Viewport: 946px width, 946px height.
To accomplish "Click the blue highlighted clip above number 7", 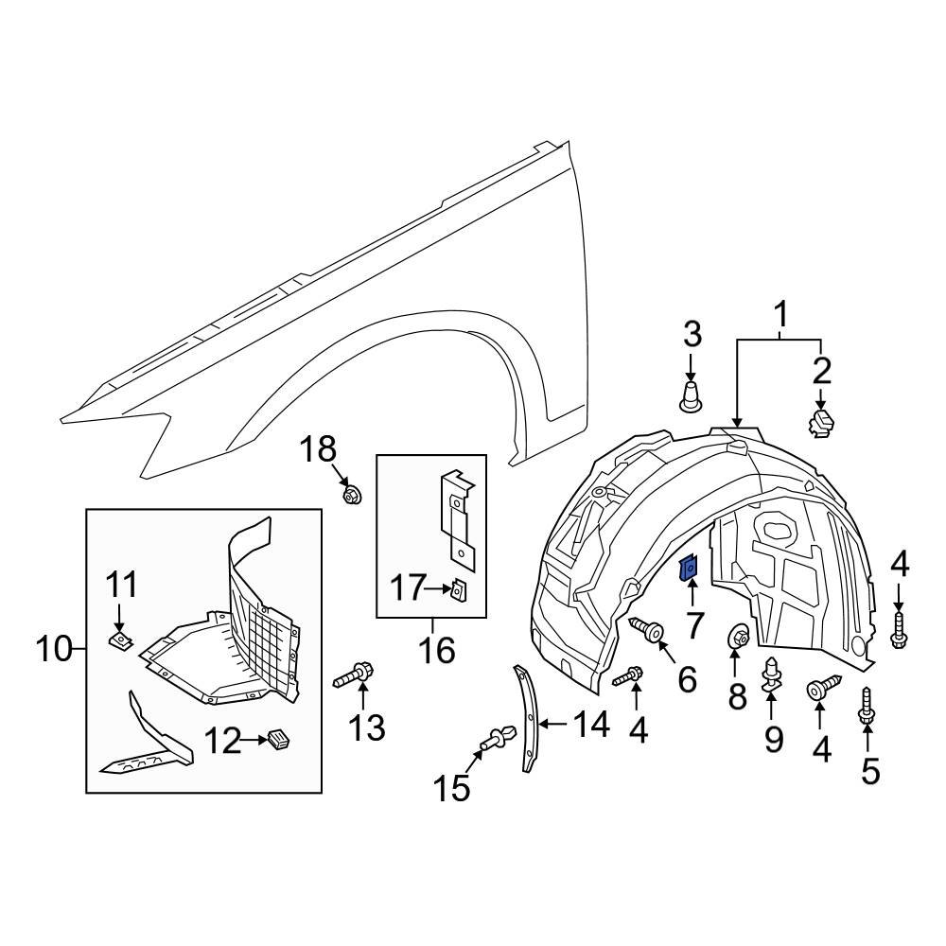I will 690,567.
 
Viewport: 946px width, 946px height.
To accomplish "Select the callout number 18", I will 319,450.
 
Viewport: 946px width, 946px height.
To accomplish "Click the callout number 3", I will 692,333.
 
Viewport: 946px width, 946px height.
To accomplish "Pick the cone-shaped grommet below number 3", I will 692,395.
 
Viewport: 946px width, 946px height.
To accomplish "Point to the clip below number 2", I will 820,422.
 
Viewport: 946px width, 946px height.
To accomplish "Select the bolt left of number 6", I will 646,628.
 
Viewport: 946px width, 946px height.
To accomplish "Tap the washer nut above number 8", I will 738,639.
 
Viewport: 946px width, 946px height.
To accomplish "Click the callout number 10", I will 55,649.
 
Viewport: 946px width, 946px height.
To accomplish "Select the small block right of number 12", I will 277,739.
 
